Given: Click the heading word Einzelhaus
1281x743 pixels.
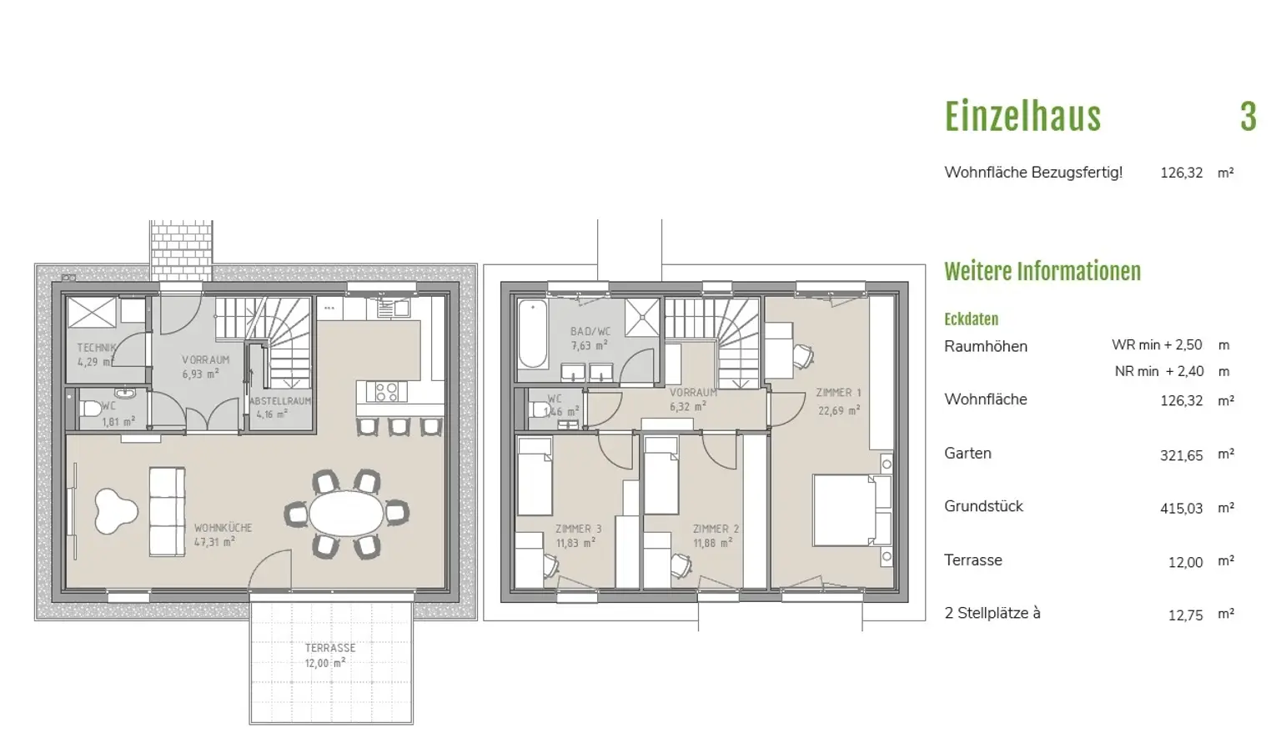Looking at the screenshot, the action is click(1022, 117).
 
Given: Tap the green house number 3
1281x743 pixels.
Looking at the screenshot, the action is click(1248, 117).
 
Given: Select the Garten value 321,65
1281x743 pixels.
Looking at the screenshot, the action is click(1181, 455).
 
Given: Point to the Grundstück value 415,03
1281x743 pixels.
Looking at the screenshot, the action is click(1181, 509).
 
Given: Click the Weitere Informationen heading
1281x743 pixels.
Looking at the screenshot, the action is click(1042, 271).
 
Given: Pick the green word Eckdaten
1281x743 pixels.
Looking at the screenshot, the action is click(971, 319).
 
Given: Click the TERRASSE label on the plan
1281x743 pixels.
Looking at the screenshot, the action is click(330, 648).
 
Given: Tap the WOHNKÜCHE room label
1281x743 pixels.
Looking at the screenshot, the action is click(223, 527).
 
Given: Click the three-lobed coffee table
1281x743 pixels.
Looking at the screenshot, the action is click(114, 511).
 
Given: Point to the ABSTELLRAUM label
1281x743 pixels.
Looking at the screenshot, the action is click(280, 401).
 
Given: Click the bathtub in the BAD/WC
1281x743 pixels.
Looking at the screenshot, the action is click(533, 334).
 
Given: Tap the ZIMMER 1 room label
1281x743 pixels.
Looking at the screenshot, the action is click(838, 393).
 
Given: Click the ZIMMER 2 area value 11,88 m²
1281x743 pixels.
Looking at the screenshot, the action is click(712, 543).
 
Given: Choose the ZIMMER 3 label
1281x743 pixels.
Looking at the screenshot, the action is click(578, 529).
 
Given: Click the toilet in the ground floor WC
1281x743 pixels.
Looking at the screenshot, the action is click(88, 409).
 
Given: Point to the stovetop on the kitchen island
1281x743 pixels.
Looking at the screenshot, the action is click(387, 392).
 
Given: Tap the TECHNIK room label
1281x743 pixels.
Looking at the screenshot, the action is click(97, 347).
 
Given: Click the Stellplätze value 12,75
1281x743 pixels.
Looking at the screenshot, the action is click(1185, 615).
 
